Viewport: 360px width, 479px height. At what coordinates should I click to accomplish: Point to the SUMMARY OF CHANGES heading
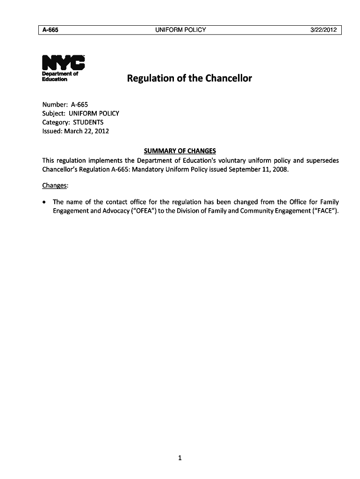[180, 151]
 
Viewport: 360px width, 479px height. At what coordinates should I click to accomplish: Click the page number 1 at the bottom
[180, 458]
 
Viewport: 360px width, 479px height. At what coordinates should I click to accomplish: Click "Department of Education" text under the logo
[60, 77]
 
